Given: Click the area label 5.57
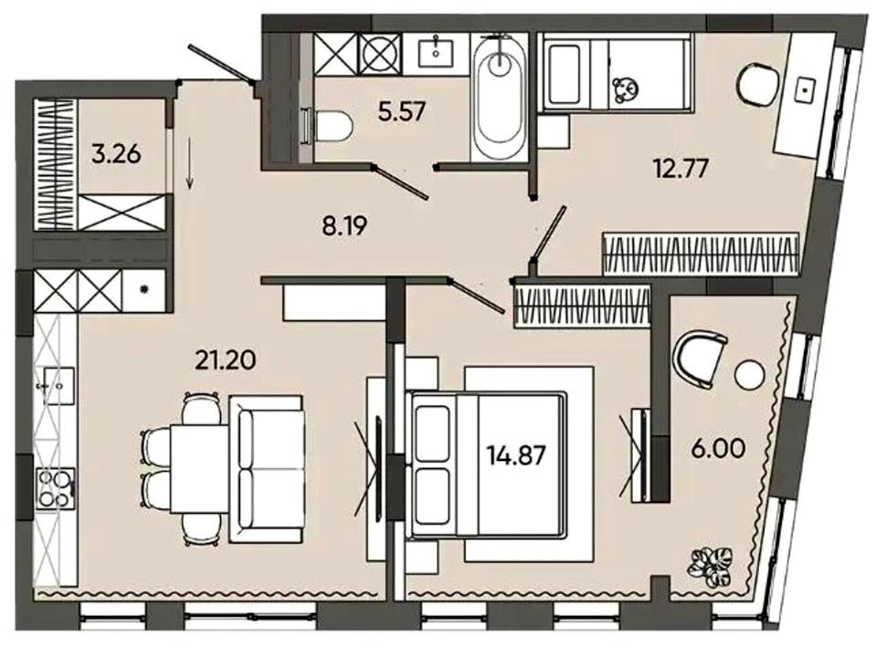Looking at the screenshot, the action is pos(402,112).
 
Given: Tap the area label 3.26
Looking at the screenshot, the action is pos(117,153).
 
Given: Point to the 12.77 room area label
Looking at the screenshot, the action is pos(681,168).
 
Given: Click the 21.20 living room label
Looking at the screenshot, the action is pos(226,360).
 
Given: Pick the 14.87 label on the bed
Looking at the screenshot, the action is pos(515,454).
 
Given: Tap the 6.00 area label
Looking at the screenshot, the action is pos(718,448).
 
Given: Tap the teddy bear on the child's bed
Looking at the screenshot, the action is pos(625,89).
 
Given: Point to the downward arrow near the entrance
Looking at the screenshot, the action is pos(190,165).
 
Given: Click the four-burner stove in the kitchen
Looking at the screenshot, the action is pos(55,487).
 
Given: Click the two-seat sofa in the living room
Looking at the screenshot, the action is pos(266,468).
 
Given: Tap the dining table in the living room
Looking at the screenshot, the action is pos(199,468).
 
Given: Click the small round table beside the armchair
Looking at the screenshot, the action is pos(749,375).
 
